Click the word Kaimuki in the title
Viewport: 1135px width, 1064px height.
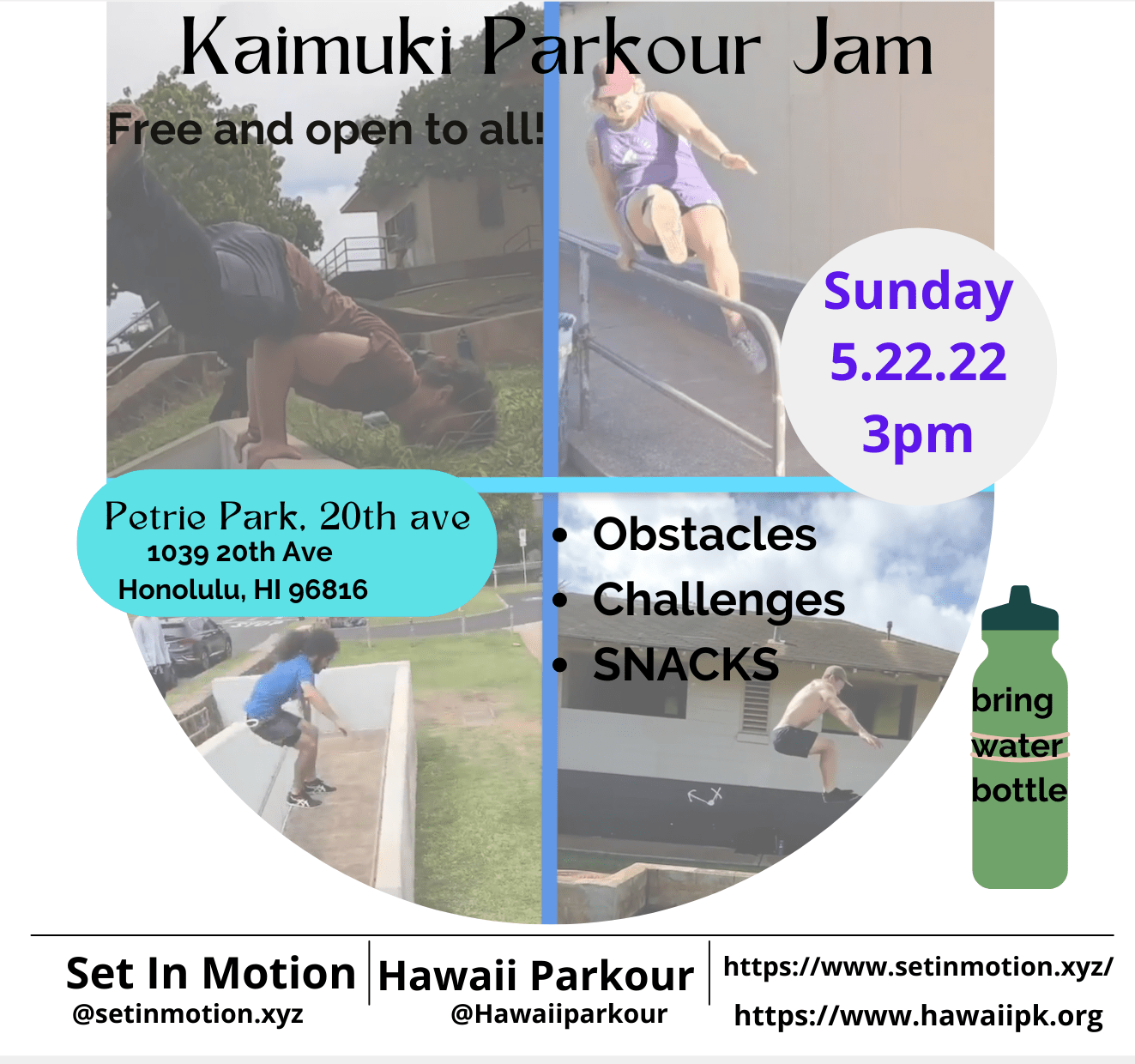click(317, 48)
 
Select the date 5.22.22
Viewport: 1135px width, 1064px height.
click(918, 361)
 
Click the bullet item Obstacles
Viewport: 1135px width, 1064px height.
click(704, 534)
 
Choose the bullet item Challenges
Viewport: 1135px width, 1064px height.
click(719, 601)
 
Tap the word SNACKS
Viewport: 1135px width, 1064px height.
click(685, 664)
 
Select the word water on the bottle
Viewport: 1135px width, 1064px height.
click(1017, 747)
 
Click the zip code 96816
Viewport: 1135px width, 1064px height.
click(328, 590)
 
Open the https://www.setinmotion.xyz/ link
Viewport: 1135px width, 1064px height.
click(919, 967)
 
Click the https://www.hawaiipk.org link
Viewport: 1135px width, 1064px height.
click(919, 1016)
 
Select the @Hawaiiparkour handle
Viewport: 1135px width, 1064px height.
click(559, 1014)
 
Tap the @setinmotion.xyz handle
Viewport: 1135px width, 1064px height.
click(188, 1013)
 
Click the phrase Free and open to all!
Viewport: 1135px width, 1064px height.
click(326, 130)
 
